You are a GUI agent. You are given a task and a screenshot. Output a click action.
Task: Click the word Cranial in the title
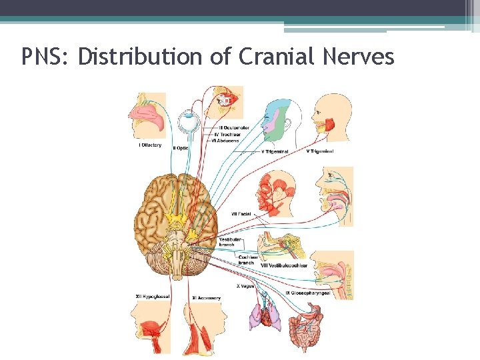point(275,57)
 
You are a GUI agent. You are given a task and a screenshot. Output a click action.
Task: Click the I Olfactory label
point(150,145)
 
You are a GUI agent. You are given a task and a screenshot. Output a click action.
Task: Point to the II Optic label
point(181,148)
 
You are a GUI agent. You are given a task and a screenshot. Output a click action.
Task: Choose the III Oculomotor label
point(237,127)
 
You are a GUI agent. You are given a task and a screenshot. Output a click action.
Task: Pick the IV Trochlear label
point(233,134)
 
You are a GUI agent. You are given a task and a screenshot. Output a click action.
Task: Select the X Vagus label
point(245,286)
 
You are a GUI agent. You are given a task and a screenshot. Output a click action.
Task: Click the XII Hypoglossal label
point(152,297)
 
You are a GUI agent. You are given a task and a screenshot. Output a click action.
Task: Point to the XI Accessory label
point(206,298)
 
